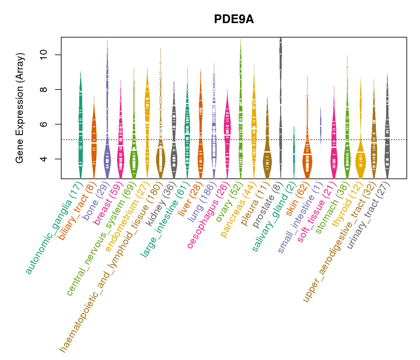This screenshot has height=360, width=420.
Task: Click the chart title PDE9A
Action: click(234, 19)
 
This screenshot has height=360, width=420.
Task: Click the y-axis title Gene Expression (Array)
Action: click(20, 108)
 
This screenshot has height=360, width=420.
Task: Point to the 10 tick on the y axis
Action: click(43, 55)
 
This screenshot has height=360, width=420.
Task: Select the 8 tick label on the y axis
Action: click(43, 89)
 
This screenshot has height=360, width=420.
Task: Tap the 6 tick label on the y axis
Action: click(43, 124)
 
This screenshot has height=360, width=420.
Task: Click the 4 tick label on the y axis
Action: click(43, 159)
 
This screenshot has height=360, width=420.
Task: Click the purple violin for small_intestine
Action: click(320, 126)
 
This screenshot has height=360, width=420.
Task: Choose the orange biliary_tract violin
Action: click(94, 141)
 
